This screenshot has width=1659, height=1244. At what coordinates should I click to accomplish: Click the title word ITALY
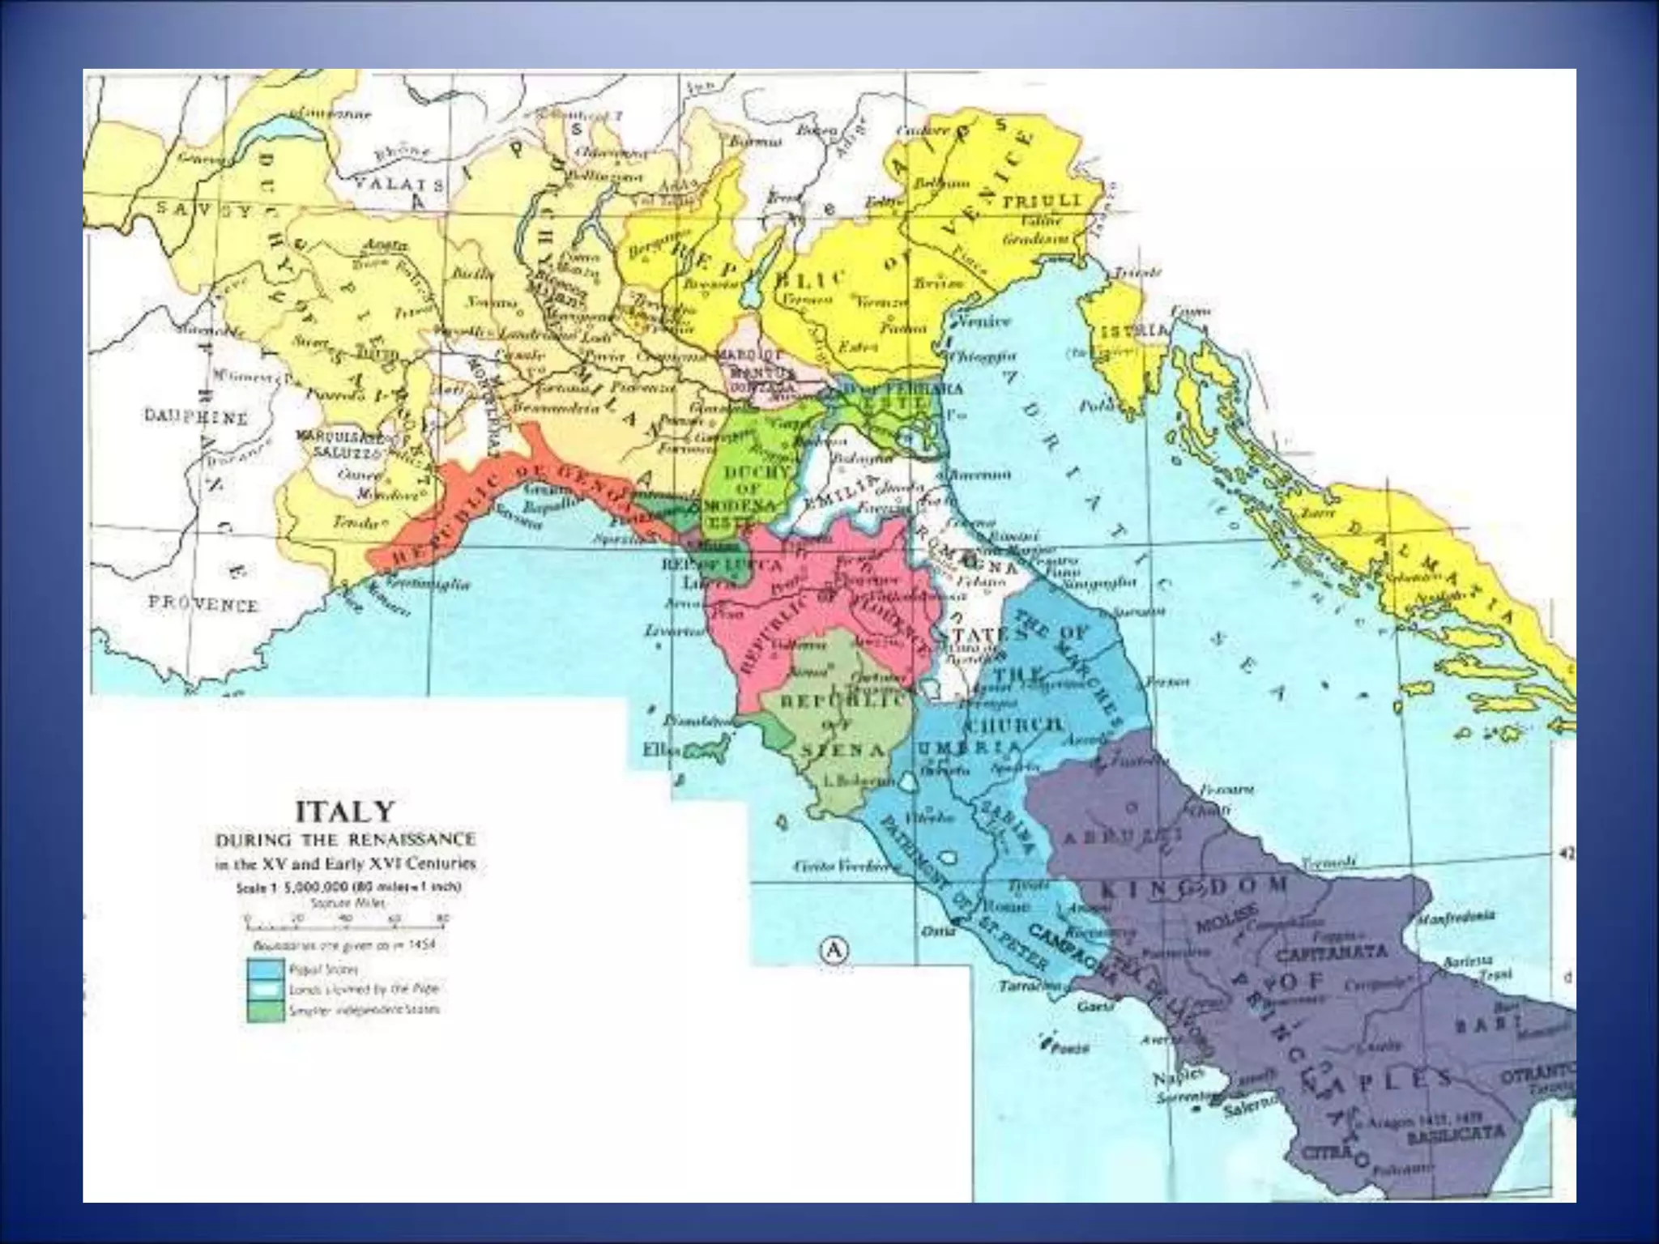344,812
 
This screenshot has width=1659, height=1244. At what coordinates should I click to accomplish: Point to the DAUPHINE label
196,417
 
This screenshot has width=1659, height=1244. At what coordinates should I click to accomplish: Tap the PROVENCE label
203,604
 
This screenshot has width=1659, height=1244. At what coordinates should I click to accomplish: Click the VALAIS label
399,184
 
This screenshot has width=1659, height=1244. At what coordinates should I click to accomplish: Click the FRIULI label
1042,201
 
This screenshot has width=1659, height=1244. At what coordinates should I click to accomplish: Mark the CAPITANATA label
1332,952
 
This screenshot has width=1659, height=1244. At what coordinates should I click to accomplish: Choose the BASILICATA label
1456,1133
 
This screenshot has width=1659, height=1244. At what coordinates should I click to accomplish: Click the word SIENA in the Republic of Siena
842,750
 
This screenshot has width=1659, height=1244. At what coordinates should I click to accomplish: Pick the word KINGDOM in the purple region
1194,886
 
